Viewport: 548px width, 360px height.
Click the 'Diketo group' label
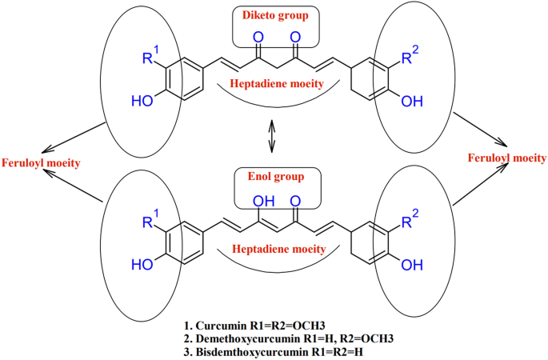click(x=276, y=15)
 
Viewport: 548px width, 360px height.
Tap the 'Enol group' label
click(x=276, y=177)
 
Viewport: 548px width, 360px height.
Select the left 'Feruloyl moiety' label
click(x=41, y=163)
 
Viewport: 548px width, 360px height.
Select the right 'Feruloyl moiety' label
click(x=507, y=158)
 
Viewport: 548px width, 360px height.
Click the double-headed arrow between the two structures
click(x=271, y=136)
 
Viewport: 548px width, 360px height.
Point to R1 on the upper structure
click(x=150, y=55)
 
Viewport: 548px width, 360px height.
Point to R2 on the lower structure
click(x=410, y=218)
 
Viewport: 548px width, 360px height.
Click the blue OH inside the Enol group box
click(x=263, y=201)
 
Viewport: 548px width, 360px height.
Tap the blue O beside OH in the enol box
click(x=295, y=201)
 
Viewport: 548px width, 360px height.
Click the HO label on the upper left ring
click(x=142, y=101)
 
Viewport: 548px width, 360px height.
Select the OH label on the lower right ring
click(x=412, y=265)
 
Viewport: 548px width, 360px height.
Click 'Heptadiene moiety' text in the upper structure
click(x=277, y=84)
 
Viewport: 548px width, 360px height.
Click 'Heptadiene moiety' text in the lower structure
click(x=279, y=249)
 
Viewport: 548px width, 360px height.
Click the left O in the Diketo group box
click(x=258, y=37)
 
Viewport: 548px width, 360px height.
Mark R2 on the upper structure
click(x=410, y=55)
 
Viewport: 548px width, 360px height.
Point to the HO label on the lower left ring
click(x=142, y=265)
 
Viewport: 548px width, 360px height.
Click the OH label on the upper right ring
click(x=412, y=102)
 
